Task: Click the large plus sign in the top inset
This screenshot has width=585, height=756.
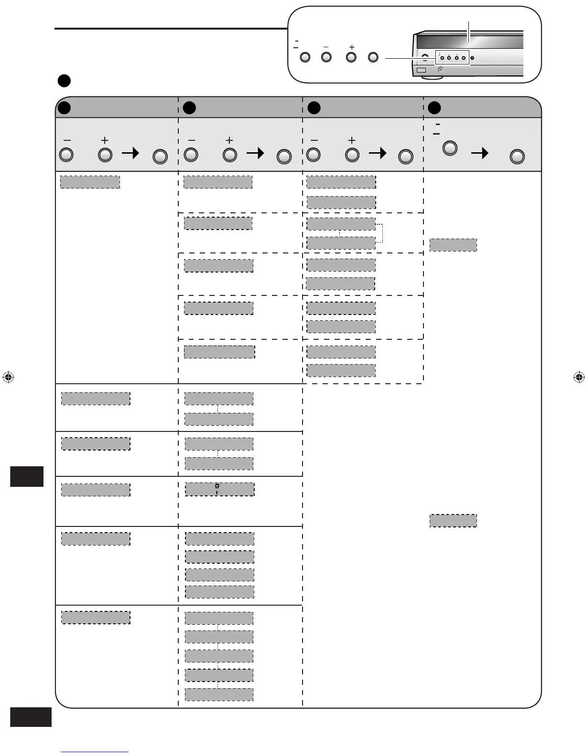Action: [x=352, y=47]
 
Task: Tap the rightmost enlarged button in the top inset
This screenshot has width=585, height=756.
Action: [x=373, y=57]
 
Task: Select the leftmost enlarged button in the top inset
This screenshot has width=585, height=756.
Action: [x=305, y=57]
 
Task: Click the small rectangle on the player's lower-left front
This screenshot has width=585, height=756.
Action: [x=421, y=70]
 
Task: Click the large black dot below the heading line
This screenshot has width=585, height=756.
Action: [x=64, y=80]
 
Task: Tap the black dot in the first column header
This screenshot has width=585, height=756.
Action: [x=64, y=108]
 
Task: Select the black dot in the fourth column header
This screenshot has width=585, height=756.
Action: [x=434, y=108]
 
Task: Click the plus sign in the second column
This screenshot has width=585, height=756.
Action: [x=229, y=140]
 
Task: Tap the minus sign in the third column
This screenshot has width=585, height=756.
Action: [x=314, y=140]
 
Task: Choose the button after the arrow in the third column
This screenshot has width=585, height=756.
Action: [x=406, y=157]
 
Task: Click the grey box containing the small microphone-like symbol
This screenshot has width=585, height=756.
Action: [x=219, y=489]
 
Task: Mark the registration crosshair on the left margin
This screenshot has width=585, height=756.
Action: [x=8, y=377]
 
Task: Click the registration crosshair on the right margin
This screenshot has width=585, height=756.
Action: [x=578, y=377]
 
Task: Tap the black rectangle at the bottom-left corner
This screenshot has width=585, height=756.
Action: [x=31, y=717]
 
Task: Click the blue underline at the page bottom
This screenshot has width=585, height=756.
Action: [x=95, y=752]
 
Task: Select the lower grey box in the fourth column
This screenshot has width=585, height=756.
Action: [x=453, y=520]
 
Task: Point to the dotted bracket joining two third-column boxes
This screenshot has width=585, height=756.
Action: [x=381, y=233]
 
